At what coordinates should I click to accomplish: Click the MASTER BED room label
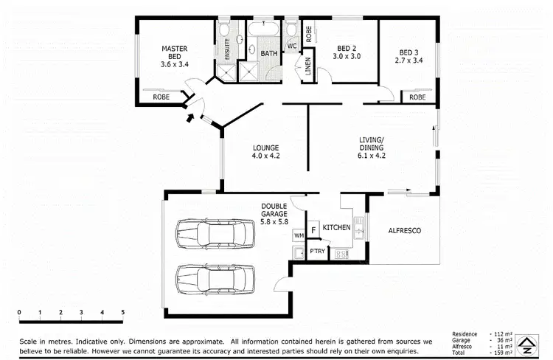coord(175,54)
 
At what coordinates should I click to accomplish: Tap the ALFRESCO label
coord(404,231)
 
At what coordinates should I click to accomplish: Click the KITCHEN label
coord(336,228)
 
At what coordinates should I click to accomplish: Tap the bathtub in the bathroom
coord(262,30)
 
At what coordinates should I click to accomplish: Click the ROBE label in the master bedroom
coord(161,97)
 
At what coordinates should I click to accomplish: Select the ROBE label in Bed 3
coord(417,97)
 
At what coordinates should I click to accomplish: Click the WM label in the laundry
coord(299,235)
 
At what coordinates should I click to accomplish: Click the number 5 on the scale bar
coord(122,312)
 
